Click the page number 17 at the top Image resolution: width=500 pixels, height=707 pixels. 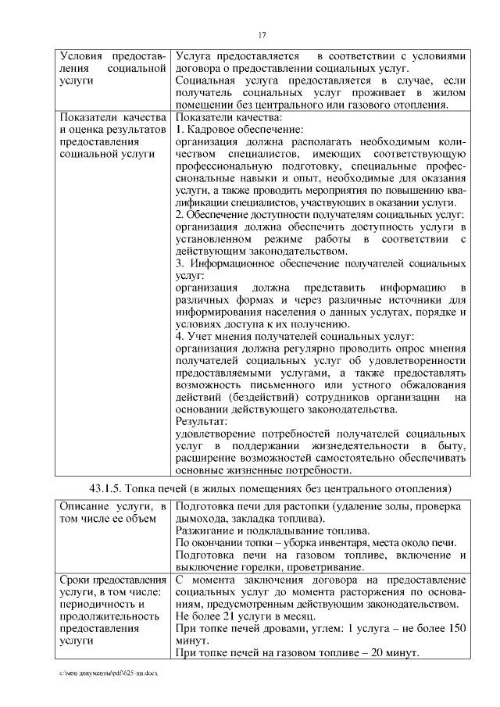(x=262, y=34)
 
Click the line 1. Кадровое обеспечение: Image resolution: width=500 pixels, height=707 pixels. (x=239, y=130)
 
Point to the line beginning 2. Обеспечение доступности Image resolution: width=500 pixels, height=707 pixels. (x=320, y=214)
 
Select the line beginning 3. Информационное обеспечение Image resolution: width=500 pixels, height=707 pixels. (x=320, y=264)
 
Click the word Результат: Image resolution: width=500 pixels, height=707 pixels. (x=201, y=421)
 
